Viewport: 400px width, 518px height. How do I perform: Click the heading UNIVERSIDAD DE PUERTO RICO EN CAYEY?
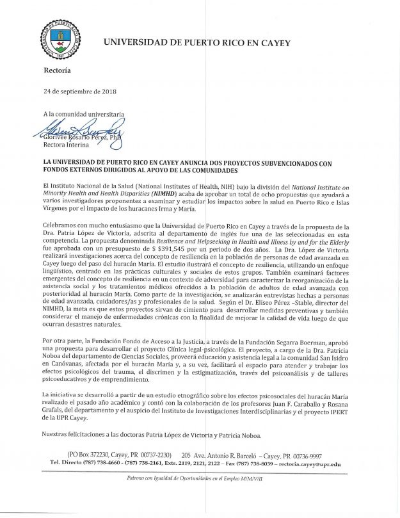(x=196, y=43)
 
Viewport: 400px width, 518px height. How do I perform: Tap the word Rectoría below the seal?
(x=58, y=69)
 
